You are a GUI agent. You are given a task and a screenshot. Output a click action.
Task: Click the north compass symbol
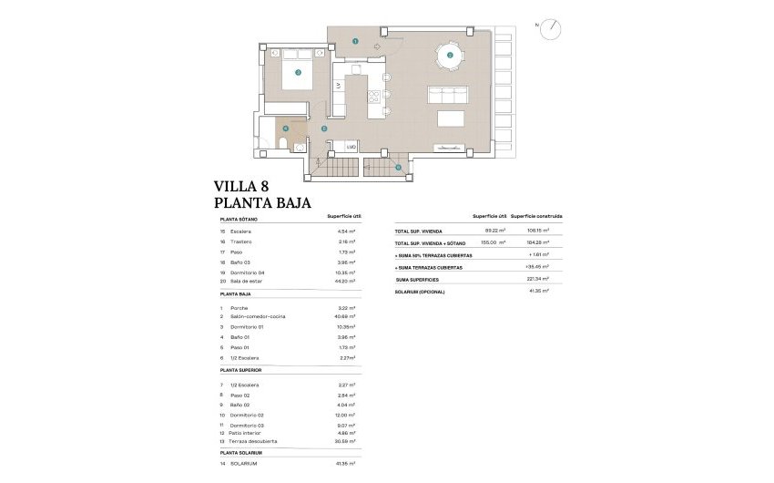tap(550, 30)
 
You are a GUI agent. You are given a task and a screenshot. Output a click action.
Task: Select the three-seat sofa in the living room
tap(447, 94)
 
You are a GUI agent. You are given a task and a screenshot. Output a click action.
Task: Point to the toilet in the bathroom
tap(281, 146)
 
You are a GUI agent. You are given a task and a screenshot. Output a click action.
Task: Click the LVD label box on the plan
tap(350, 147)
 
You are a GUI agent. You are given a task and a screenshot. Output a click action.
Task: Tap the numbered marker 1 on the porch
tap(356, 42)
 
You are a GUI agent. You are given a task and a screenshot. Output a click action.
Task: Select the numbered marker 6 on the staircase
tap(398, 168)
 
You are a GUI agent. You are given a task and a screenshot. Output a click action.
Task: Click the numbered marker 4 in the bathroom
tap(285, 129)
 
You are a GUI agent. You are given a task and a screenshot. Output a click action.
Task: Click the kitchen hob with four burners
tap(372, 96)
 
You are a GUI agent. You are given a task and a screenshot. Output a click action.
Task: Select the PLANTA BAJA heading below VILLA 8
tap(262, 203)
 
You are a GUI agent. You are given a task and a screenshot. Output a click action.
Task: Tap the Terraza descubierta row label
tap(254, 441)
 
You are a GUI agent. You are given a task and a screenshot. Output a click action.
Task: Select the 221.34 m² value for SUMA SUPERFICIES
tap(540, 279)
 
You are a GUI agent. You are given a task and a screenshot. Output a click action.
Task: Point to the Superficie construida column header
tap(536, 217)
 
